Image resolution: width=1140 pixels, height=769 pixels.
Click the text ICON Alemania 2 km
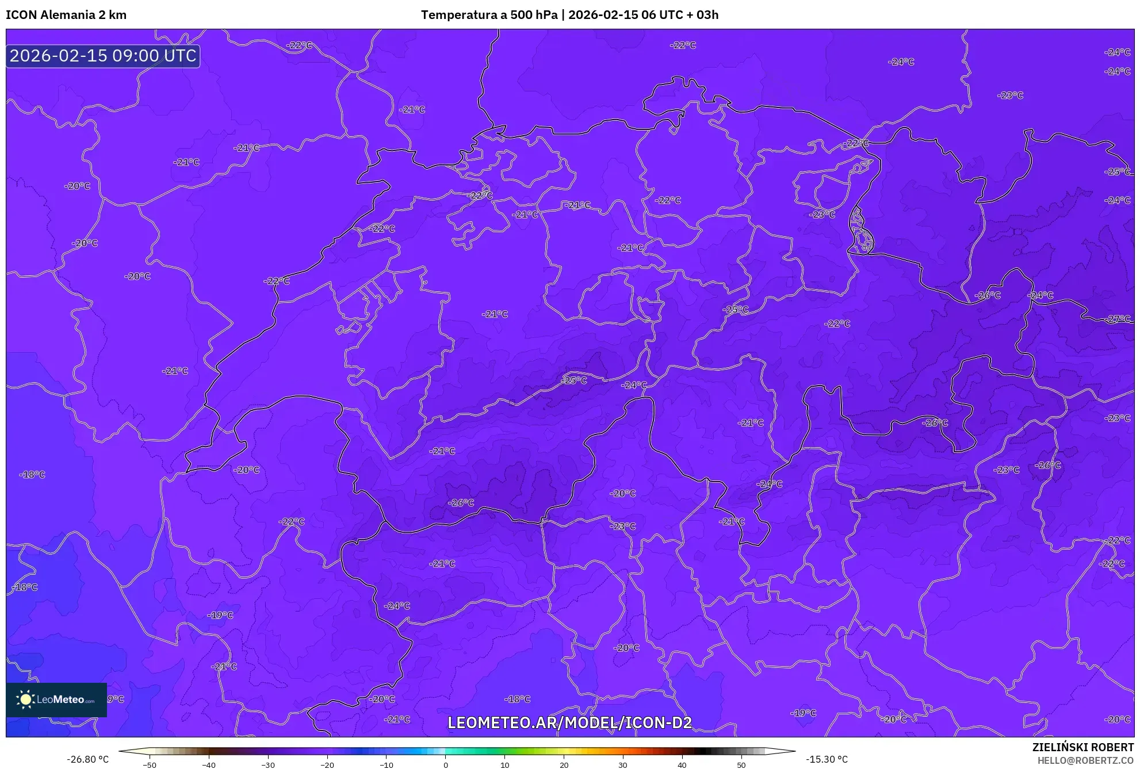pos(66,15)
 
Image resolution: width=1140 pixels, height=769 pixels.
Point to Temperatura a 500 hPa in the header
pos(489,15)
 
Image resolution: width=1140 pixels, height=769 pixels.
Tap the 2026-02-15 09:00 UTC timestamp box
pos(103,56)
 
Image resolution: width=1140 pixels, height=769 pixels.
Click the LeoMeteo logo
pos(56,699)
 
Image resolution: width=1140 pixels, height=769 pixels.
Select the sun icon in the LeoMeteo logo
pos(25,699)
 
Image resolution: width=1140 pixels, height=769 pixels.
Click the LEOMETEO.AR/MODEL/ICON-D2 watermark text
pos(569,722)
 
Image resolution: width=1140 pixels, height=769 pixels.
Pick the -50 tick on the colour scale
pos(150,764)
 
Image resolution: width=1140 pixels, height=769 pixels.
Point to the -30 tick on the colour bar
pos(268,764)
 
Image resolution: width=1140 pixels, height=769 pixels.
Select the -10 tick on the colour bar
pos(387,764)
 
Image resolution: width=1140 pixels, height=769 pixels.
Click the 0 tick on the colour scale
pos(446,764)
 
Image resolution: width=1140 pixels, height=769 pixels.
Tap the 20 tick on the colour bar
pos(564,764)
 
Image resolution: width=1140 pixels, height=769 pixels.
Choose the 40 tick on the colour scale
pos(682,764)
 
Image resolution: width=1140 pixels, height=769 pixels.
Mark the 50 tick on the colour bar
pos(741,764)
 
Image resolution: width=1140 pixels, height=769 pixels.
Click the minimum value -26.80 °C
pos(87,759)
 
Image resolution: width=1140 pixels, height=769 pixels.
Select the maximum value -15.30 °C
pos(827,759)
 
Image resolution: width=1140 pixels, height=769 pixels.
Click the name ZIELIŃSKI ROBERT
pos(1083,747)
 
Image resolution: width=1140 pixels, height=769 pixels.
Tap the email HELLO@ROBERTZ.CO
pos(1085,760)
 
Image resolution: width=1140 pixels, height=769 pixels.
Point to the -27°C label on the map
pos(1118,319)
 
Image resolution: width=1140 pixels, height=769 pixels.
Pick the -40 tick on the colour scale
pos(209,764)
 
